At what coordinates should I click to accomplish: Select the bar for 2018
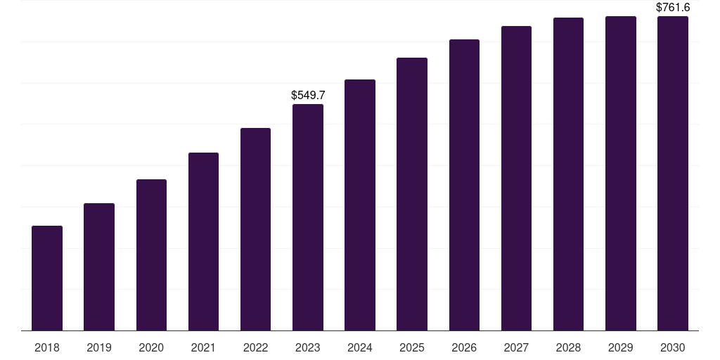pos(47,278)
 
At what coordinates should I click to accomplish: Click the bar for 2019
pos(99,266)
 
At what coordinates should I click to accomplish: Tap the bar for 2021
pos(203,242)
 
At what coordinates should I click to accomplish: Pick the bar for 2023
pos(308,217)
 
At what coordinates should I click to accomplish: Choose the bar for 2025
pos(412,194)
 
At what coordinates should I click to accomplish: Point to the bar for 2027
pos(516,178)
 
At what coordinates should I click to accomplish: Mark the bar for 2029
pos(621,174)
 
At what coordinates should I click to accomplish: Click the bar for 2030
pos(673,174)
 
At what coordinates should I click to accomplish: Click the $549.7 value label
pos(308,95)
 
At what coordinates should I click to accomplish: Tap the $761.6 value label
pos(673,7)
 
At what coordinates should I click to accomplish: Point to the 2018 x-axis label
pos(47,347)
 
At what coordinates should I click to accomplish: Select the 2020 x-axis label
pos(151,347)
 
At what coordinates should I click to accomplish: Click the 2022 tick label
pos(255,347)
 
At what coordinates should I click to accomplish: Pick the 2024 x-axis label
pos(360,347)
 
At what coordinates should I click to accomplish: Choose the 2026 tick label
pos(464,347)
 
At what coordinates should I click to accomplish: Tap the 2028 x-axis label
pos(568,347)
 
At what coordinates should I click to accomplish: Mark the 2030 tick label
pos(673,347)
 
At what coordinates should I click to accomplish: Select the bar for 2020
pos(151,255)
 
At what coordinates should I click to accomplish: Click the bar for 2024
pos(360,205)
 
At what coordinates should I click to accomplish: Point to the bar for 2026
pos(464,185)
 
